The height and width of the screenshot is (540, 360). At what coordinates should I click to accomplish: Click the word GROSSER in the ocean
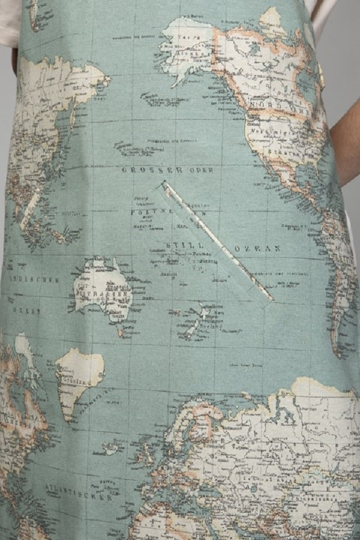pos(144,170)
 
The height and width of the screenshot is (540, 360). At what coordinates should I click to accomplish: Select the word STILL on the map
pos(178,245)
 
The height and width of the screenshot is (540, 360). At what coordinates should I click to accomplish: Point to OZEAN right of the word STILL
pos(257,248)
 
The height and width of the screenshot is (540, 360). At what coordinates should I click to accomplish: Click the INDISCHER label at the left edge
pos(33,280)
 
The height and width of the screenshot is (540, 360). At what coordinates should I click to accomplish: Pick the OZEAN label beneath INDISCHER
pos(27,311)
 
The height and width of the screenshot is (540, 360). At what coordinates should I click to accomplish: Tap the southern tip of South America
pos(340,348)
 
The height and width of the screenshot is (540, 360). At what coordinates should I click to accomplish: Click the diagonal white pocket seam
pos(216,240)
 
